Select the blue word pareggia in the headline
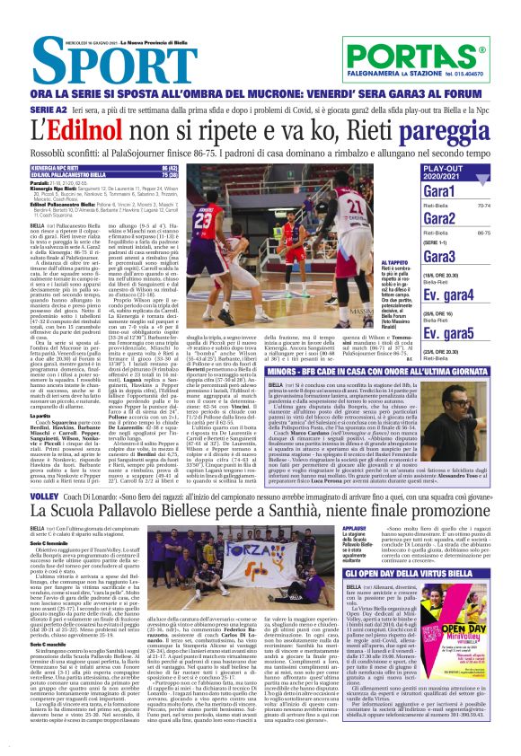[x=453, y=128]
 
